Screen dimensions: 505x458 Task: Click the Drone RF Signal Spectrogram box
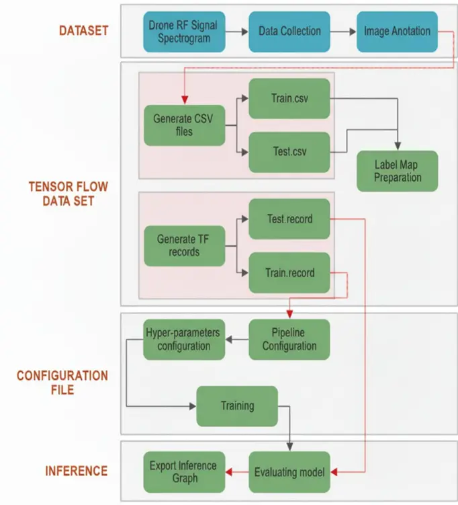183,31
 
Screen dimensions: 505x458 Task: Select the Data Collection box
289,31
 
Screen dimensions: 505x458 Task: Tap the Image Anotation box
397,31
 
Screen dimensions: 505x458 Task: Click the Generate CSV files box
184,125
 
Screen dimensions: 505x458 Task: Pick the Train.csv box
289,99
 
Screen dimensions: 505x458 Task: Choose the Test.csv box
289,151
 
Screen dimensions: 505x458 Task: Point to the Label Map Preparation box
397,171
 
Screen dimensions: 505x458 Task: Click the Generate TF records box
184,245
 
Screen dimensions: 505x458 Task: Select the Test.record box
289,219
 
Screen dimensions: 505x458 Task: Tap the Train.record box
289,272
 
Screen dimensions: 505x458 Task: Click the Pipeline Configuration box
289,339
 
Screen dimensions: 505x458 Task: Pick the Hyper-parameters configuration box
184,339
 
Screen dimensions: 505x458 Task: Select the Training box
237,405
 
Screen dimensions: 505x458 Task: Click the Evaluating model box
289,472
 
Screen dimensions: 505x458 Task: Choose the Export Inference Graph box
184,472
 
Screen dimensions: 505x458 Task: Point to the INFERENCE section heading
76,471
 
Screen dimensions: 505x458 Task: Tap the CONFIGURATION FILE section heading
62,382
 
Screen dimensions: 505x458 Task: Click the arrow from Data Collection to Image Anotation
343,31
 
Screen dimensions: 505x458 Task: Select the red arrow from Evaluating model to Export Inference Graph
237,472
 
